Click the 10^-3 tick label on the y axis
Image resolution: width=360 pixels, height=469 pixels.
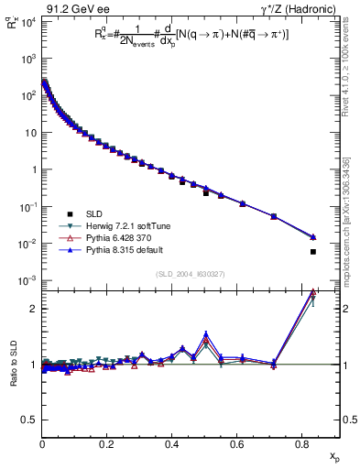[x=26, y=280]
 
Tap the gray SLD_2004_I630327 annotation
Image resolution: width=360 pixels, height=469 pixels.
[x=191, y=273]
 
